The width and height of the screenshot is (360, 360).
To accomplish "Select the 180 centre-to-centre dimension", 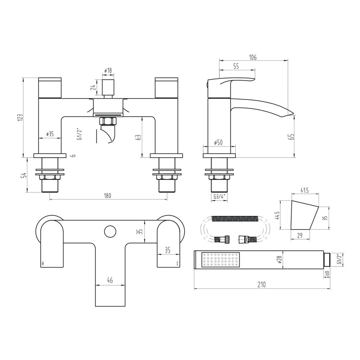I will pos(107,196).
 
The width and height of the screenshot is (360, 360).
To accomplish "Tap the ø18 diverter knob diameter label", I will pos(108,70).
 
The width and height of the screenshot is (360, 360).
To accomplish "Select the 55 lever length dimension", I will pos(236,66).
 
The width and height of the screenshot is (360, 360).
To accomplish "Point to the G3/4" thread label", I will pos(219,197).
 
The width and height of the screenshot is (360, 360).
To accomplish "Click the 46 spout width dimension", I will pos(110,281).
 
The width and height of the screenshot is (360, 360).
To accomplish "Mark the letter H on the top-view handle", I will pos(42,263).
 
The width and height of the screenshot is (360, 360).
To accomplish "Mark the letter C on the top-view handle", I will pos(177,263).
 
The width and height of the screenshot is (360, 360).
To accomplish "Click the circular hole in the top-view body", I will pos(110,231).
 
